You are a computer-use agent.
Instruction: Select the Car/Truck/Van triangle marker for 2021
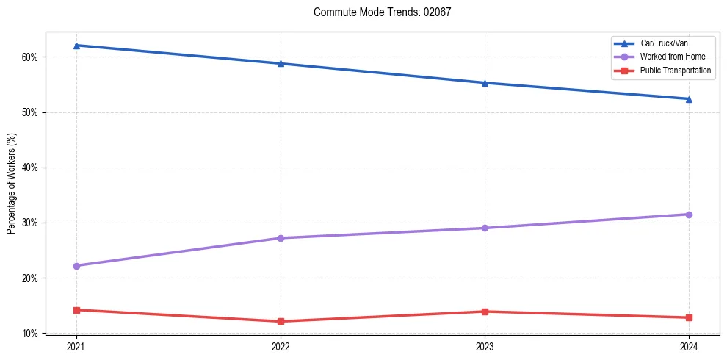(76, 46)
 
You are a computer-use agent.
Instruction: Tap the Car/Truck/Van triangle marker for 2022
(281, 63)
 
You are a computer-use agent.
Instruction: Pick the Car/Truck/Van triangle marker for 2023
(485, 83)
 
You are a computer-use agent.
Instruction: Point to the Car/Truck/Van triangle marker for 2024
(689, 98)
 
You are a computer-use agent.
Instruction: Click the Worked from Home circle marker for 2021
(76, 266)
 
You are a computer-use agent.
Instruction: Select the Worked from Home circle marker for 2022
(281, 238)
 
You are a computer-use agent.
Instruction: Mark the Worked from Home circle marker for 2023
(485, 228)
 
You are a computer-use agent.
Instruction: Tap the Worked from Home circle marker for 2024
(689, 215)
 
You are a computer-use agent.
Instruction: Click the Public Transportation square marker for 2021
(76, 310)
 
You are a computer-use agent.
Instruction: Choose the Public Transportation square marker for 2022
(281, 321)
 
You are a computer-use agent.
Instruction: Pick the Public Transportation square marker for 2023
(485, 312)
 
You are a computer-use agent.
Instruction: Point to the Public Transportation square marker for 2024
(689, 317)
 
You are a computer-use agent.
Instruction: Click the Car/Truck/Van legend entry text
(664, 43)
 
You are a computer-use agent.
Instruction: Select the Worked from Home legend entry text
(669, 57)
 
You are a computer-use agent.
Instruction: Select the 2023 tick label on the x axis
(485, 346)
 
